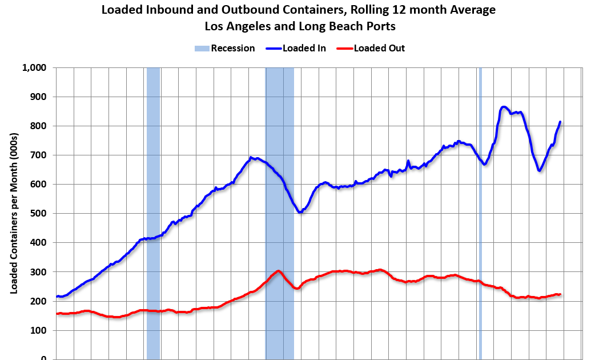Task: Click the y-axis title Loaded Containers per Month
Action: [14, 213]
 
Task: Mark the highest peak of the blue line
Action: [503, 107]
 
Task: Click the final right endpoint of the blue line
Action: [560, 122]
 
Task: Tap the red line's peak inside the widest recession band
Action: [278, 271]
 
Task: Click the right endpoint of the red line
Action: [560, 294]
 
